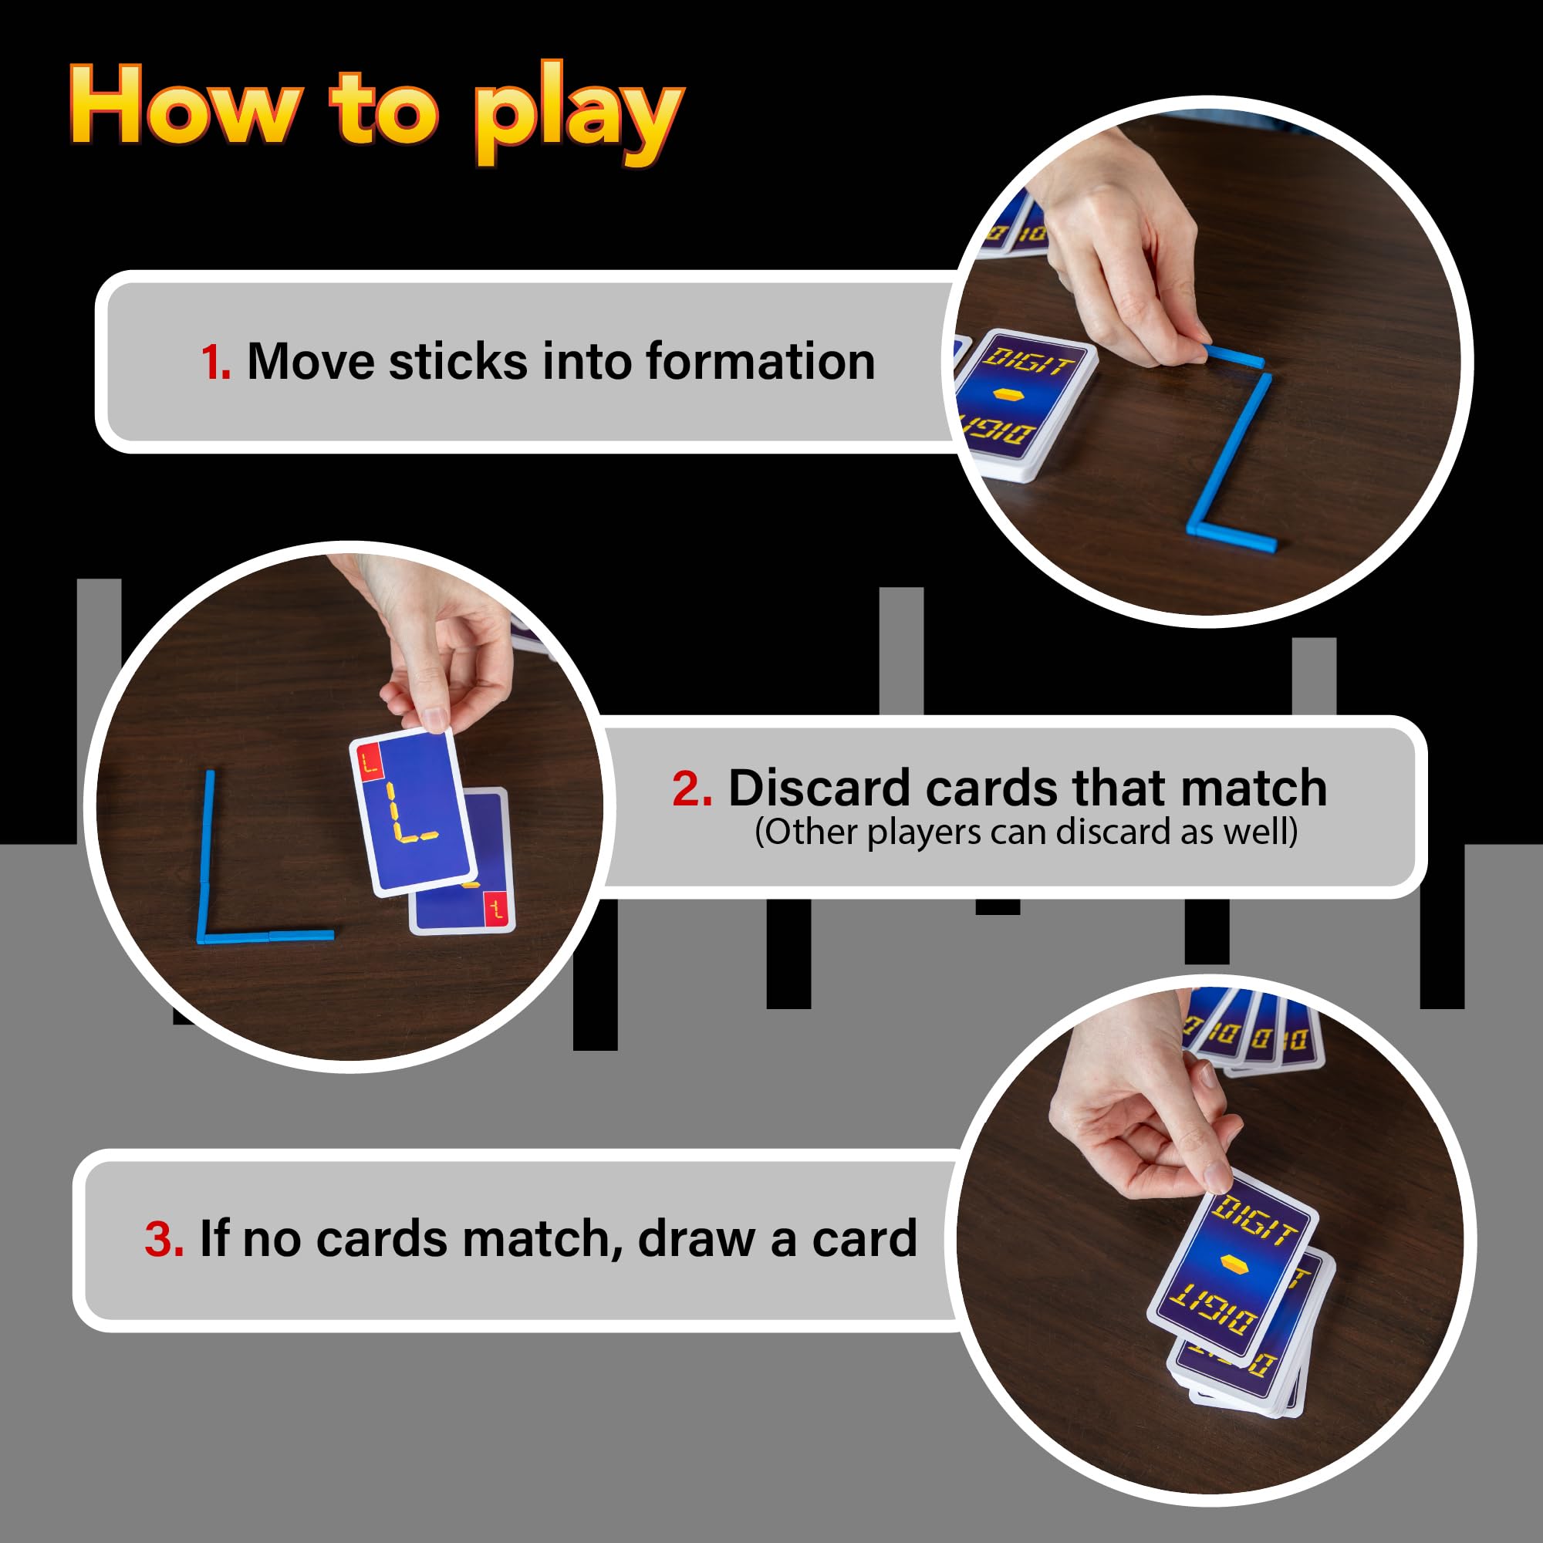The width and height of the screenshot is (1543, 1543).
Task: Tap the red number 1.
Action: (x=216, y=362)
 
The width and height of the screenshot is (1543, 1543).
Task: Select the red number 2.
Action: (x=691, y=788)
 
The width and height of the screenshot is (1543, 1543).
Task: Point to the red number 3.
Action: (x=164, y=1240)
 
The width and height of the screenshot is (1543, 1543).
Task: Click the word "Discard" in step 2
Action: (x=819, y=788)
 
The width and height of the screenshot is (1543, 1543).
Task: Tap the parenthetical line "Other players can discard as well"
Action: (x=1026, y=833)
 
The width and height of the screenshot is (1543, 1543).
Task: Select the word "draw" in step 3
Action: (x=697, y=1240)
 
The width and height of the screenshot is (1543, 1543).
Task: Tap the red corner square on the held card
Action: (x=370, y=761)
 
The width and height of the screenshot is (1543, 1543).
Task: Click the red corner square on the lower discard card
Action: (x=497, y=908)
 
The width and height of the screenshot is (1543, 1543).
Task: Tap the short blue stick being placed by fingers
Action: (x=1234, y=356)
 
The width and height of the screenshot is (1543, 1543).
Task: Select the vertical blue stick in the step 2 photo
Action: (x=206, y=855)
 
